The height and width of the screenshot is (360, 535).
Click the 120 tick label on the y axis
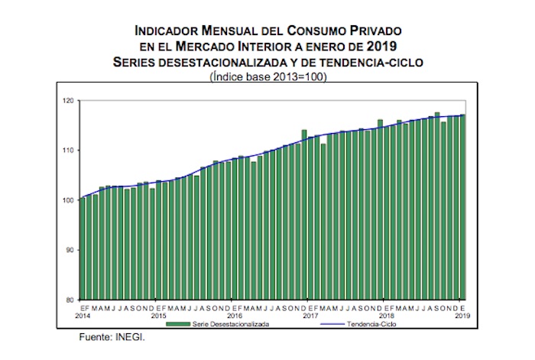click(x=69, y=100)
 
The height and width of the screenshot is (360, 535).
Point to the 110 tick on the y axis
click(x=69, y=150)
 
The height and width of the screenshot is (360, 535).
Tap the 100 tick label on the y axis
click(x=69, y=200)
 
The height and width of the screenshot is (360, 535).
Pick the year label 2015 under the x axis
click(x=158, y=315)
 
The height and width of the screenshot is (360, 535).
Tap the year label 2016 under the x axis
click(x=233, y=315)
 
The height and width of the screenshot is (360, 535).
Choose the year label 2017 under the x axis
click(x=309, y=315)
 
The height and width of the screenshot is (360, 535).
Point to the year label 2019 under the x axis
click(x=462, y=315)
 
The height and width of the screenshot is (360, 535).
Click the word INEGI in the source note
click(x=131, y=336)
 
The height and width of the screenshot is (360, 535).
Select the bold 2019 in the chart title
click(x=382, y=45)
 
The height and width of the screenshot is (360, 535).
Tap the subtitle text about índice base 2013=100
click(x=267, y=76)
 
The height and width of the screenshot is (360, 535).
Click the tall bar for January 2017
click(x=304, y=214)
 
